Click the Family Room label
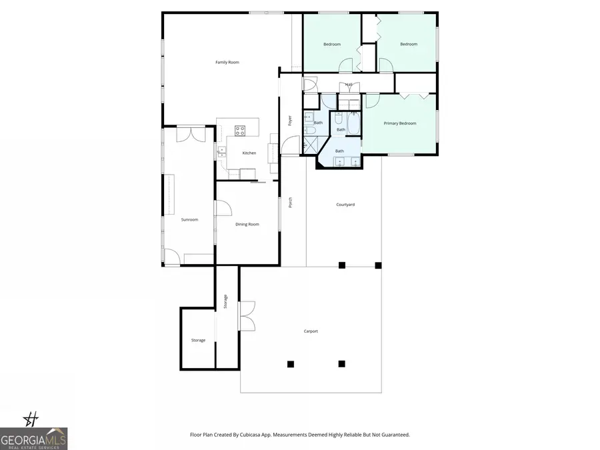pyautogui.click(x=227, y=62)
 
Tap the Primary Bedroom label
pyautogui.click(x=399, y=123)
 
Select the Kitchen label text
pyautogui.click(x=249, y=153)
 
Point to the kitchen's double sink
pyautogui.click(x=222, y=153)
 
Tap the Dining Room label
pyautogui.click(x=247, y=225)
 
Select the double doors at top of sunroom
pyautogui.click(x=187, y=133)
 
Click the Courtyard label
pyautogui.click(x=345, y=205)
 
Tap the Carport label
pyautogui.click(x=310, y=331)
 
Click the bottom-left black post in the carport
pyautogui.click(x=291, y=364)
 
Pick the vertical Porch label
pyautogui.click(x=291, y=202)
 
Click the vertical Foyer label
pyautogui.click(x=290, y=121)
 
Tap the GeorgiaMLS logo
pyautogui.click(x=33, y=438)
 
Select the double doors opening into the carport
pyautogui.click(x=247, y=316)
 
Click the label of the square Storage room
pyautogui.click(x=198, y=341)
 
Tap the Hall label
pyautogui.click(x=349, y=85)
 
